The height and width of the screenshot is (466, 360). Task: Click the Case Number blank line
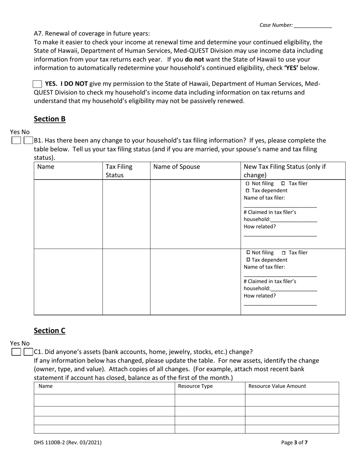click(313, 26)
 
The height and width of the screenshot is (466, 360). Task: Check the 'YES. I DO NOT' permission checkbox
click(38, 84)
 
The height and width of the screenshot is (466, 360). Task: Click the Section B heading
click(50, 119)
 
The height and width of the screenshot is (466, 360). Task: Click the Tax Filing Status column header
click(119, 171)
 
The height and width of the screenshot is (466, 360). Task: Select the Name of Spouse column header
click(176, 167)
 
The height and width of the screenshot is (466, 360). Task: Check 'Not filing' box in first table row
click(248, 184)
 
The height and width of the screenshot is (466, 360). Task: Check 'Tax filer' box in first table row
click(283, 184)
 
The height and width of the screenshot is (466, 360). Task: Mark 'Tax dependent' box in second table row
click(248, 260)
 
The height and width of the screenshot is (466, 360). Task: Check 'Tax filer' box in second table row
click(283, 253)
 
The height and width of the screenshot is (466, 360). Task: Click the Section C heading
click(50, 330)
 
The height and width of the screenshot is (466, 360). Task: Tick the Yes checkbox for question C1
click(16, 352)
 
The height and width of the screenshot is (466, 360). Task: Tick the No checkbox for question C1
click(28, 352)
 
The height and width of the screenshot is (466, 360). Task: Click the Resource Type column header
click(195, 386)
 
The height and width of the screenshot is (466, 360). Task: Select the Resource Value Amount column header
click(277, 386)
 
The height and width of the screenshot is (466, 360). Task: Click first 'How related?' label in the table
click(260, 227)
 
